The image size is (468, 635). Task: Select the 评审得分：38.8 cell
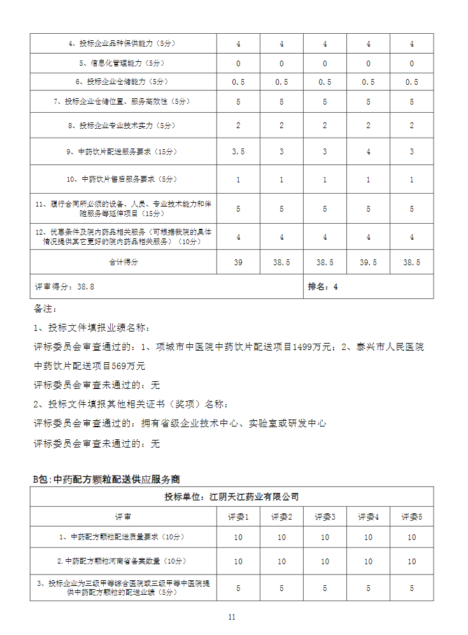click(x=64, y=287)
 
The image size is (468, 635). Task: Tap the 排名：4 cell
click(x=323, y=287)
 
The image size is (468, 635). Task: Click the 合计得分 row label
click(x=124, y=262)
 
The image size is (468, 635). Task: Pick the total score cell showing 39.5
click(x=368, y=262)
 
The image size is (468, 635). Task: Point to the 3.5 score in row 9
click(x=238, y=152)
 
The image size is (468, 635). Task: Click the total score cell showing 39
click(x=238, y=262)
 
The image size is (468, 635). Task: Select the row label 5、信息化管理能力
click(x=124, y=63)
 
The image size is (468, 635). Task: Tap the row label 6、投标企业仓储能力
click(x=124, y=82)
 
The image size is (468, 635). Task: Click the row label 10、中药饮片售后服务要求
click(x=124, y=180)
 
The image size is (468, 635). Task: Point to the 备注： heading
click(x=45, y=309)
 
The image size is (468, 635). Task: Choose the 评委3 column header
click(x=325, y=517)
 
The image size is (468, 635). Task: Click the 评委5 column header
click(x=411, y=517)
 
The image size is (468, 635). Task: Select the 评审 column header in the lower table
click(x=124, y=517)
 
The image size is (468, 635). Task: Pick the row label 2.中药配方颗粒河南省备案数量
click(x=124, y=561)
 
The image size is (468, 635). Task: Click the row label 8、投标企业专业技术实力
click(x=124, y=126)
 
